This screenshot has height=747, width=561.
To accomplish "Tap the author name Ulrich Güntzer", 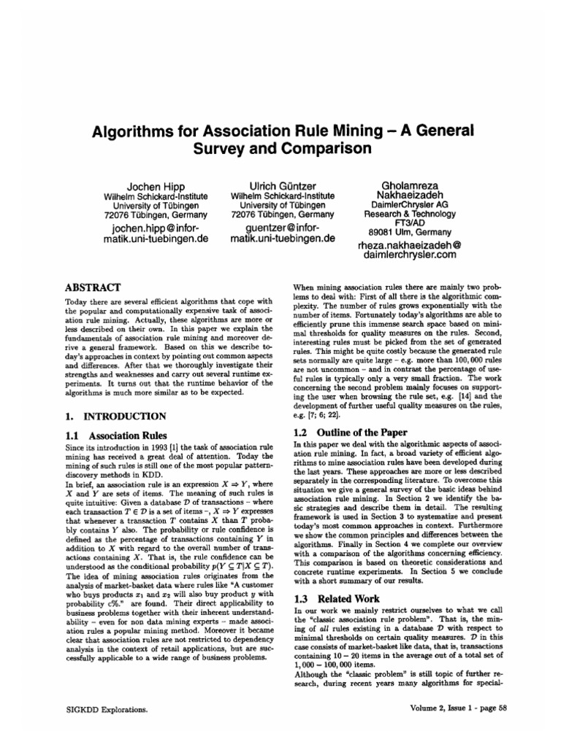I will pos(281,186).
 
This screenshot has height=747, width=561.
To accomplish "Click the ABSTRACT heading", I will pos(93,287).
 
